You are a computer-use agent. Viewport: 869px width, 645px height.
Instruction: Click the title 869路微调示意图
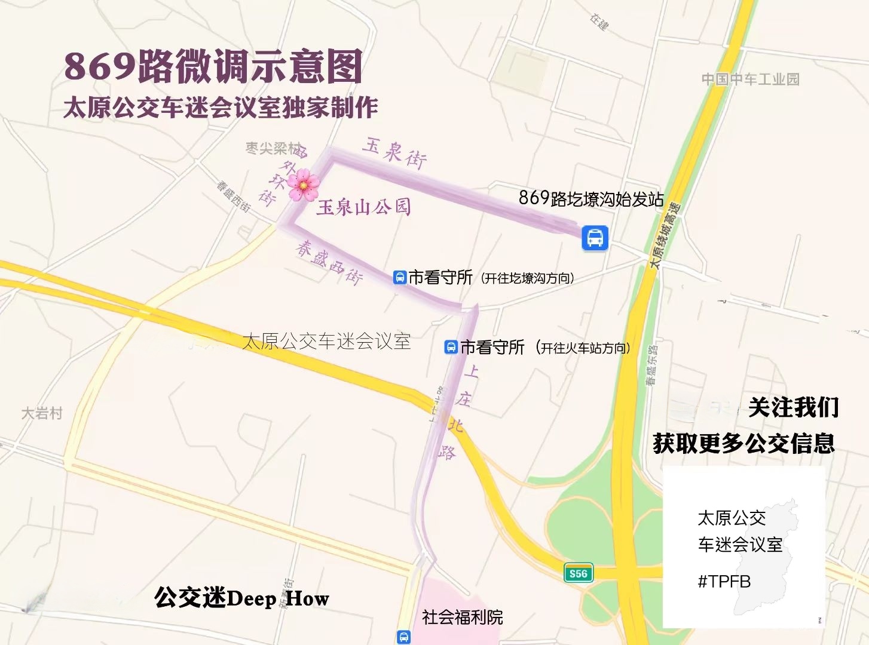pos(213,66)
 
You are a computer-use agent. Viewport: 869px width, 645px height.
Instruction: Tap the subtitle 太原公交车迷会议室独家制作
pos(221,107)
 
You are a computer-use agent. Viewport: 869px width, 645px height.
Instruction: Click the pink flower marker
pos(302,184)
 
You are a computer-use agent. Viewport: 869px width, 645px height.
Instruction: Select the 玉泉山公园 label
pos(363,207)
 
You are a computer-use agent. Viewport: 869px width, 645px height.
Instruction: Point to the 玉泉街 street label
pos(394,153)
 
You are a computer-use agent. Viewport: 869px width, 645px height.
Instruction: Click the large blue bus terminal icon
pos(595,238)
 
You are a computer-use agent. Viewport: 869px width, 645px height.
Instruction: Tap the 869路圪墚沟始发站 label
pos(590,198)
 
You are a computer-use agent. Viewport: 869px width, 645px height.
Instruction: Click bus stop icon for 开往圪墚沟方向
pos(399,277)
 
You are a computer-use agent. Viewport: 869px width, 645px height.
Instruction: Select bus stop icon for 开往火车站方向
pos(451,347)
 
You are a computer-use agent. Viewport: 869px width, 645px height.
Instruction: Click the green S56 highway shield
pos(578,574)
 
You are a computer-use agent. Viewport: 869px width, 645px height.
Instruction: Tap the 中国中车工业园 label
pos(750,79)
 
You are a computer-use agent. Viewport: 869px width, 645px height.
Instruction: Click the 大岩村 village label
pos(42,413)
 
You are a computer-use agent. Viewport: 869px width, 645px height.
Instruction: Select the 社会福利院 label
pos(462,617)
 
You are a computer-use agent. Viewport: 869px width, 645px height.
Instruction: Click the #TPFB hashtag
pos(724,581)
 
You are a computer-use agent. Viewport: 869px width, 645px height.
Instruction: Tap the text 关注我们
pos(793,408)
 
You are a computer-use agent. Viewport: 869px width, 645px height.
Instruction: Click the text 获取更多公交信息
pos(743,443)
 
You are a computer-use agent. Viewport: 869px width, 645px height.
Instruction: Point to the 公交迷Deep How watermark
pos(241,598)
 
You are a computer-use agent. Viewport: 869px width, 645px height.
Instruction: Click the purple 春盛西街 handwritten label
pos(329,262)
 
